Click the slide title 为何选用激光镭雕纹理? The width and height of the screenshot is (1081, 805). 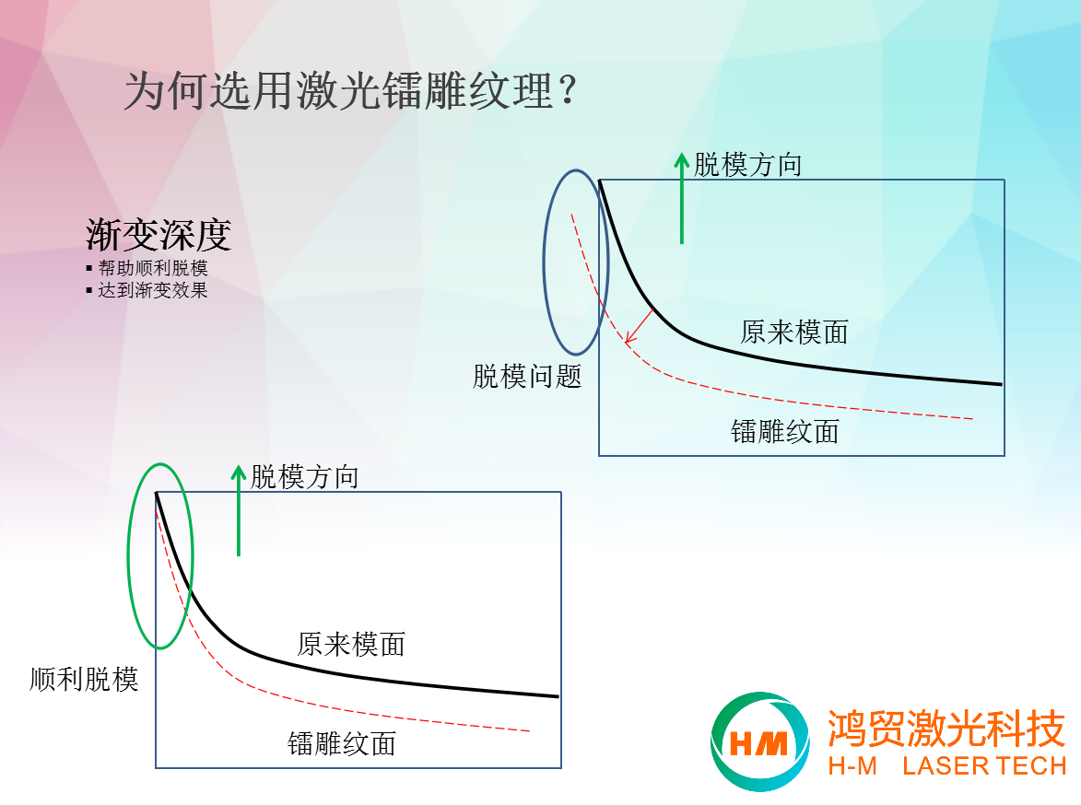[x=350, y=91]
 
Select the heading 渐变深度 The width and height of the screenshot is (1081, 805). [x=159, y=235]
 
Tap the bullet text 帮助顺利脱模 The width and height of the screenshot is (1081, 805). [x=152, y=267]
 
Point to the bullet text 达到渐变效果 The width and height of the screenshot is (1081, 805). [x=152, y=290]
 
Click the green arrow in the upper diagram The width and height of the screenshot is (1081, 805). [x=682, y=199]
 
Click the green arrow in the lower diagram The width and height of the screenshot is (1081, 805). [x=239, y=510]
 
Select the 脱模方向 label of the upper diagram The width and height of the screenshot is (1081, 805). [x=747, y=166]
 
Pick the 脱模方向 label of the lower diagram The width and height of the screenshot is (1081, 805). [x=304, y=477]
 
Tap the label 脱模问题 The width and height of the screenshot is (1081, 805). [x=527, y=377]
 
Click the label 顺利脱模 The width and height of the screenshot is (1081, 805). [x=84, y=680]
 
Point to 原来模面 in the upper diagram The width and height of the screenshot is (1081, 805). [x=794, y=332]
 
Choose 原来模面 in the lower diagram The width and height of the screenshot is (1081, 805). [x=351, y=645]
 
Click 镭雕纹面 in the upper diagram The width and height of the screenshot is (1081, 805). [x=784, y=432]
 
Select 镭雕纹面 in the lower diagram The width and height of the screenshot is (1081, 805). [x=341, y=744]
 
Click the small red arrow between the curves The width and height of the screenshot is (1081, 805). [x=639, y=325]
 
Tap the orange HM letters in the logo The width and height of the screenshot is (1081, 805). [x=758, y=743]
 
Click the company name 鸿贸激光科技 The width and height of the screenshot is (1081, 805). [x=946, y=729]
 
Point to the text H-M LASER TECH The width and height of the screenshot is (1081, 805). [x=947, y=765]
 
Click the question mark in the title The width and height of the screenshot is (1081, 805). [x=568, y=90]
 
